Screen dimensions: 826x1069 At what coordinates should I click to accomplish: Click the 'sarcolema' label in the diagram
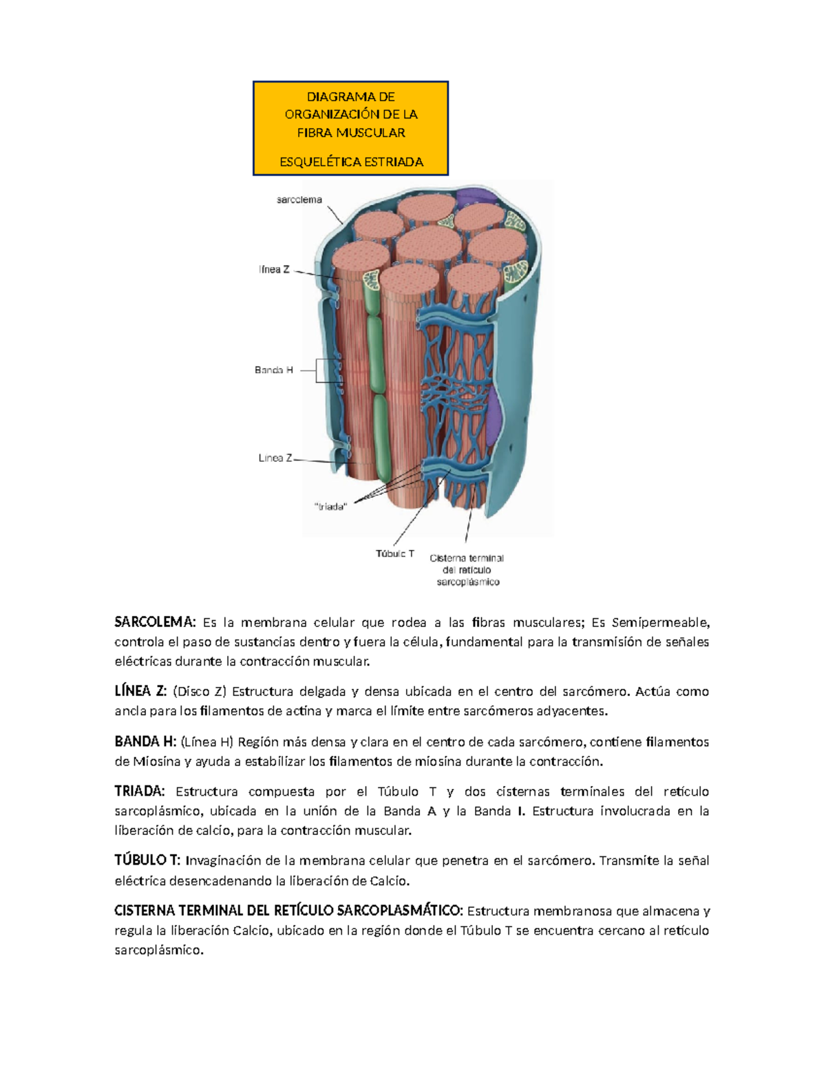point(299,200)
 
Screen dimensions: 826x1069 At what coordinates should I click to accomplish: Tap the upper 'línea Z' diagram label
point(274,270)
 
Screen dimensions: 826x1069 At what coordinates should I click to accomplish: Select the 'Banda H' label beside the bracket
point(274,370)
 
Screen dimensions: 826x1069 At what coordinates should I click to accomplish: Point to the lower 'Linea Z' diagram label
point(275,458)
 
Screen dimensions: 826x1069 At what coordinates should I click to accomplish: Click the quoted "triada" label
point(330,507)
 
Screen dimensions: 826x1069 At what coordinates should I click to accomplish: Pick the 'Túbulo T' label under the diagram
point(395,553)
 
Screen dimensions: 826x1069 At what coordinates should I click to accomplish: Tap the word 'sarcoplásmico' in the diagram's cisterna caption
point(468,582)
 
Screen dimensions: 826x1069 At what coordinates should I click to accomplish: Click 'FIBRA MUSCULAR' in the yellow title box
point(351,132)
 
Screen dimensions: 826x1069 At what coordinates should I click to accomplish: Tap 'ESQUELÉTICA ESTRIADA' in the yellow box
point(351,162)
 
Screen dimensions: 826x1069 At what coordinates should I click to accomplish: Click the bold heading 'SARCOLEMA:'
point(155,622)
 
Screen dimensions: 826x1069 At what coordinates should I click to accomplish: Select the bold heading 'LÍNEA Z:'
point(140,691)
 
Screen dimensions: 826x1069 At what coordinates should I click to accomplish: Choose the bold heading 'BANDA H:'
point(145,741)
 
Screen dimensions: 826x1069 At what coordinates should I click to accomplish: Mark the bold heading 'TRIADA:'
point(140,792)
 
